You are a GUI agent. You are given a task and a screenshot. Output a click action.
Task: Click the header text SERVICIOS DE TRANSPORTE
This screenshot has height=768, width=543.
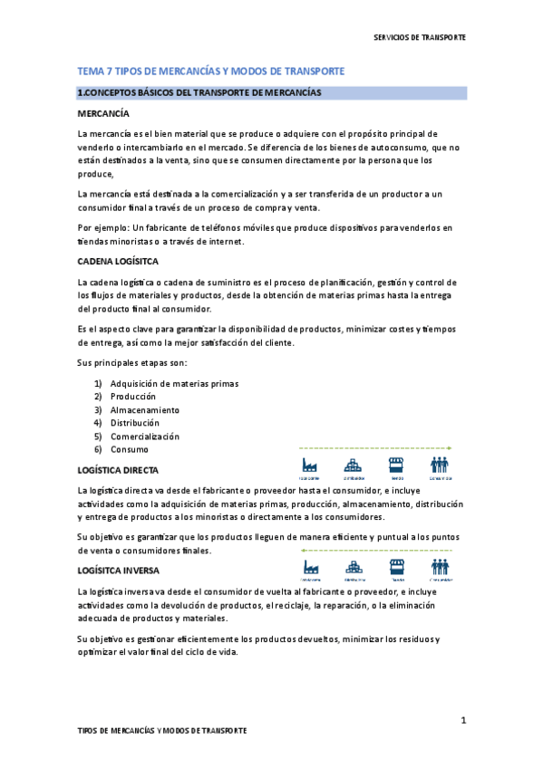420,38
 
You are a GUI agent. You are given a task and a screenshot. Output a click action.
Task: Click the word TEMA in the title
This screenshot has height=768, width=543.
91,72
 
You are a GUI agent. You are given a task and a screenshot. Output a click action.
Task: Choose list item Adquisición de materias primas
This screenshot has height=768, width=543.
174,383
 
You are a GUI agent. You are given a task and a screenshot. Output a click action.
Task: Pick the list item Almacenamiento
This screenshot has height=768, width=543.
145,409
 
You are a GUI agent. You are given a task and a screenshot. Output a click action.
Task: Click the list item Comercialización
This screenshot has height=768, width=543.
145,436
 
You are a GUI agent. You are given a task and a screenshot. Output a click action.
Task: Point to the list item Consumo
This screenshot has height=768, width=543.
130,449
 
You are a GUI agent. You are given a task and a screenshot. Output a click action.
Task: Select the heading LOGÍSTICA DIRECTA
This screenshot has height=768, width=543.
118,471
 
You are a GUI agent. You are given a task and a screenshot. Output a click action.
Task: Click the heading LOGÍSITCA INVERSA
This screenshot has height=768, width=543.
118,571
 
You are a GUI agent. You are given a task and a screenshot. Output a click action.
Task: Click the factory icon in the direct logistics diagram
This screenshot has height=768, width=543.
310,465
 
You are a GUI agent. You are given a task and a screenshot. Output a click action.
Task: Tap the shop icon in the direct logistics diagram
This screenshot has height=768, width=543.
396,465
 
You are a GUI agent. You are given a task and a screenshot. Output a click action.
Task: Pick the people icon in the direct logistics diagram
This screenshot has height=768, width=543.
441,465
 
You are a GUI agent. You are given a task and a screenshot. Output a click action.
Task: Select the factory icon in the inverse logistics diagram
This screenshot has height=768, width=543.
310,566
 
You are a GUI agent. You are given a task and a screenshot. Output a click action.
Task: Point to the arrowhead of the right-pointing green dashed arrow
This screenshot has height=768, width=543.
450,447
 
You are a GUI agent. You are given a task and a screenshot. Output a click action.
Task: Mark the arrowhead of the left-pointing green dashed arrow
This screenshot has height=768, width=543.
303,551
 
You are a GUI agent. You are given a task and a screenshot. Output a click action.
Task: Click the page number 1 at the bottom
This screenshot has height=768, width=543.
462,720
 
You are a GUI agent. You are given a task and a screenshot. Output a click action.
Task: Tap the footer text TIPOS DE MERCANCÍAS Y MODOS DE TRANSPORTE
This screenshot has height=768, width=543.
161,730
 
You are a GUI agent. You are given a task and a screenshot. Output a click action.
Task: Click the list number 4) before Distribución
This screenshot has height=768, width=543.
98,423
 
